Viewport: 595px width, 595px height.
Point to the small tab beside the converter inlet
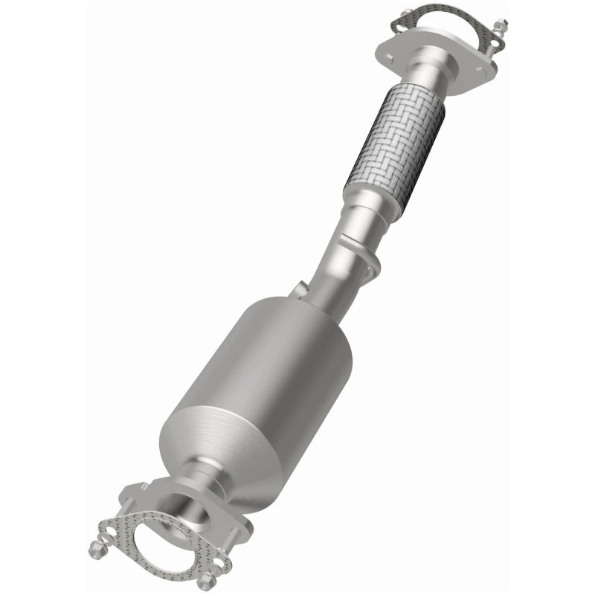tap(297, 291)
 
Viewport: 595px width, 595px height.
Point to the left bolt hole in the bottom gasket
tap(119, 533)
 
